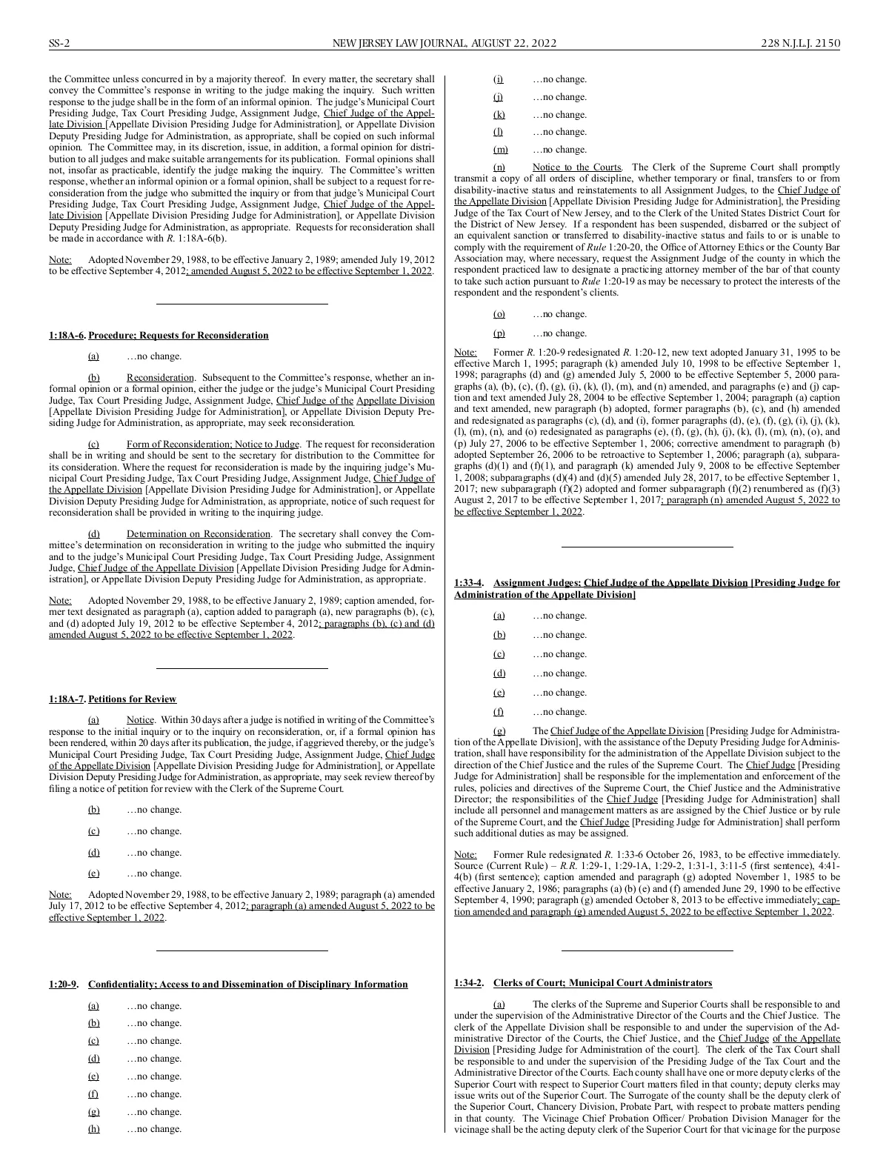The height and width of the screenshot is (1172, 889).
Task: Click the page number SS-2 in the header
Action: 59,44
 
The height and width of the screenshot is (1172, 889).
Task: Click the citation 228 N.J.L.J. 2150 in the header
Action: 801,44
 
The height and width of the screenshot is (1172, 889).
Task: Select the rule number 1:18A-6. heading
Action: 67,336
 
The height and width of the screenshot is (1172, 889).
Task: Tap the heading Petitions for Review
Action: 133,699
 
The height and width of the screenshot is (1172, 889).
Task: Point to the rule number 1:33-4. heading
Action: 470,583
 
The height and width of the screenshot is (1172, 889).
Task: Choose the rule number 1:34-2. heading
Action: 469,983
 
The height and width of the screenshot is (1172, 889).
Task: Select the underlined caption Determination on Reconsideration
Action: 199,534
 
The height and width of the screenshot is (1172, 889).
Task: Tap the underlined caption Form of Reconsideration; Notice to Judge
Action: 213,445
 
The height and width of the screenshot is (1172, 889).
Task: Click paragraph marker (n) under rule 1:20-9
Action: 499,167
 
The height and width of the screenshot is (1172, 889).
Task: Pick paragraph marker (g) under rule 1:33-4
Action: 499,731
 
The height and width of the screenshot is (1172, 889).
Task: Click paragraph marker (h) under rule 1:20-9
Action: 94,1129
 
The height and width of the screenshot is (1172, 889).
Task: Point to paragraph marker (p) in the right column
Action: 499,333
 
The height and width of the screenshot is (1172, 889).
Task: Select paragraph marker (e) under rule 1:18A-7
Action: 94,873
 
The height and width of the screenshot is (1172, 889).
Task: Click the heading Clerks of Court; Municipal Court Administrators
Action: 602,983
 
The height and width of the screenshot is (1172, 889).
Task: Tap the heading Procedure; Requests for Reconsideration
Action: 179,336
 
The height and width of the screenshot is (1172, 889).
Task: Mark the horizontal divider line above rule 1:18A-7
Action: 242,668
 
